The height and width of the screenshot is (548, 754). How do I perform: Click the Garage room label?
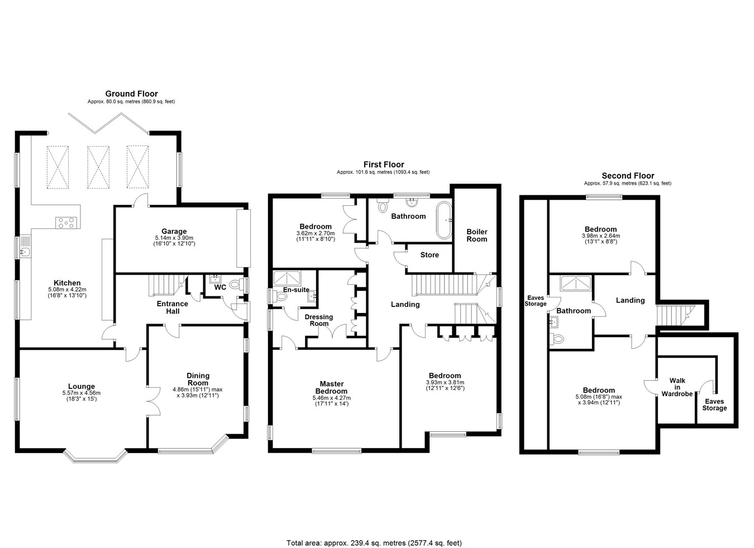click(174, 232)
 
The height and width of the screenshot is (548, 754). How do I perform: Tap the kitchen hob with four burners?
click(66, 223)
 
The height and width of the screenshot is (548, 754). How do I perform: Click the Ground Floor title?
click(131, 94)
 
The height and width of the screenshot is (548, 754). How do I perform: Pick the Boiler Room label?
click(476, 235)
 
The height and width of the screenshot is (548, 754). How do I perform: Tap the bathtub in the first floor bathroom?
click(444, 220)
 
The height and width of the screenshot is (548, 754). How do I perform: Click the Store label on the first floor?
click(430, 255)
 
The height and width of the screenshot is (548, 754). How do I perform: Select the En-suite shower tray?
click(287, 278)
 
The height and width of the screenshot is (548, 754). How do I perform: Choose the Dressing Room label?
click(319, 320)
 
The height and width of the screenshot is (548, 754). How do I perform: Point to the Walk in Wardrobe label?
click(677, 387)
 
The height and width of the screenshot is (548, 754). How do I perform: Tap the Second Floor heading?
click(628, 176)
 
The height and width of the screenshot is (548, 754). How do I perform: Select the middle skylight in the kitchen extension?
click(98, 167)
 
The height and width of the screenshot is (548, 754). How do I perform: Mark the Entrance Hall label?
click(173, 307)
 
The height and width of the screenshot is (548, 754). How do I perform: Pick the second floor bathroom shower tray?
click(576, 283)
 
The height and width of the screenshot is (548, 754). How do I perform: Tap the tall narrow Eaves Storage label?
click(535, 301)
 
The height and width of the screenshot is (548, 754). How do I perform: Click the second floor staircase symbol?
click(676, 315)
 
